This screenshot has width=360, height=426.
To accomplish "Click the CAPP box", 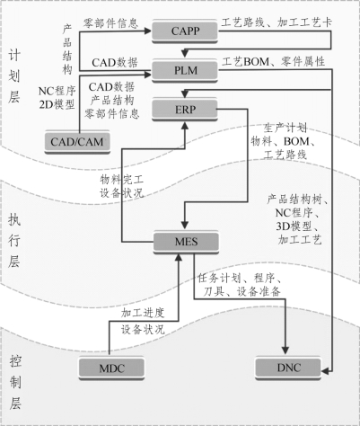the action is tap(185, 31).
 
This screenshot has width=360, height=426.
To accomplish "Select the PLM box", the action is tap(185, 71).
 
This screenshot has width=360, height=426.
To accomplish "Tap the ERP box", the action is tap(185, 110).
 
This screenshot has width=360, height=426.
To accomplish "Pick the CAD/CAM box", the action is tap(77, 142).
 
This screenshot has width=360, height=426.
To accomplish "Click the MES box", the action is tap(186, 242).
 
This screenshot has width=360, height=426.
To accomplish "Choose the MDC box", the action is tap(111, 368).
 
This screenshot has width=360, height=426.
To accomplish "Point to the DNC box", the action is tap(288, 368).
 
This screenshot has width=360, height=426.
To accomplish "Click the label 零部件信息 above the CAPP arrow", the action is tap(110, 23).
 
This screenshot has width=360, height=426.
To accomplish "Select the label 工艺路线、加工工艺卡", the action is tap(277, 22).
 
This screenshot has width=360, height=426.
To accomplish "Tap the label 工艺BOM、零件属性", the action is tap(273, 62).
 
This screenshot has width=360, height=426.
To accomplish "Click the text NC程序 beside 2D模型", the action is tap(57, 91).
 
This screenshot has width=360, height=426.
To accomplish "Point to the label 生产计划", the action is tap(285, 128).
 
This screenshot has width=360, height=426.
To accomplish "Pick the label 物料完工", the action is tap(122, 180).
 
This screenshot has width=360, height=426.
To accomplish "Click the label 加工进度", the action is tap(143, 313).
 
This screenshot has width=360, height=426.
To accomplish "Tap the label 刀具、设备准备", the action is tap(241, 291).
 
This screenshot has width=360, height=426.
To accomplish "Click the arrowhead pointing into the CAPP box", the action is tap(148, 31).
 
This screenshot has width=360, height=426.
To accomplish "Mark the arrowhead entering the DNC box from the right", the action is tap(325, 371).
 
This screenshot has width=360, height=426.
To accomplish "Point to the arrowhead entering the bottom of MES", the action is tap(179, 257).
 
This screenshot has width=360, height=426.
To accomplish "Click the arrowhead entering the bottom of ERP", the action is tap(185, 125).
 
